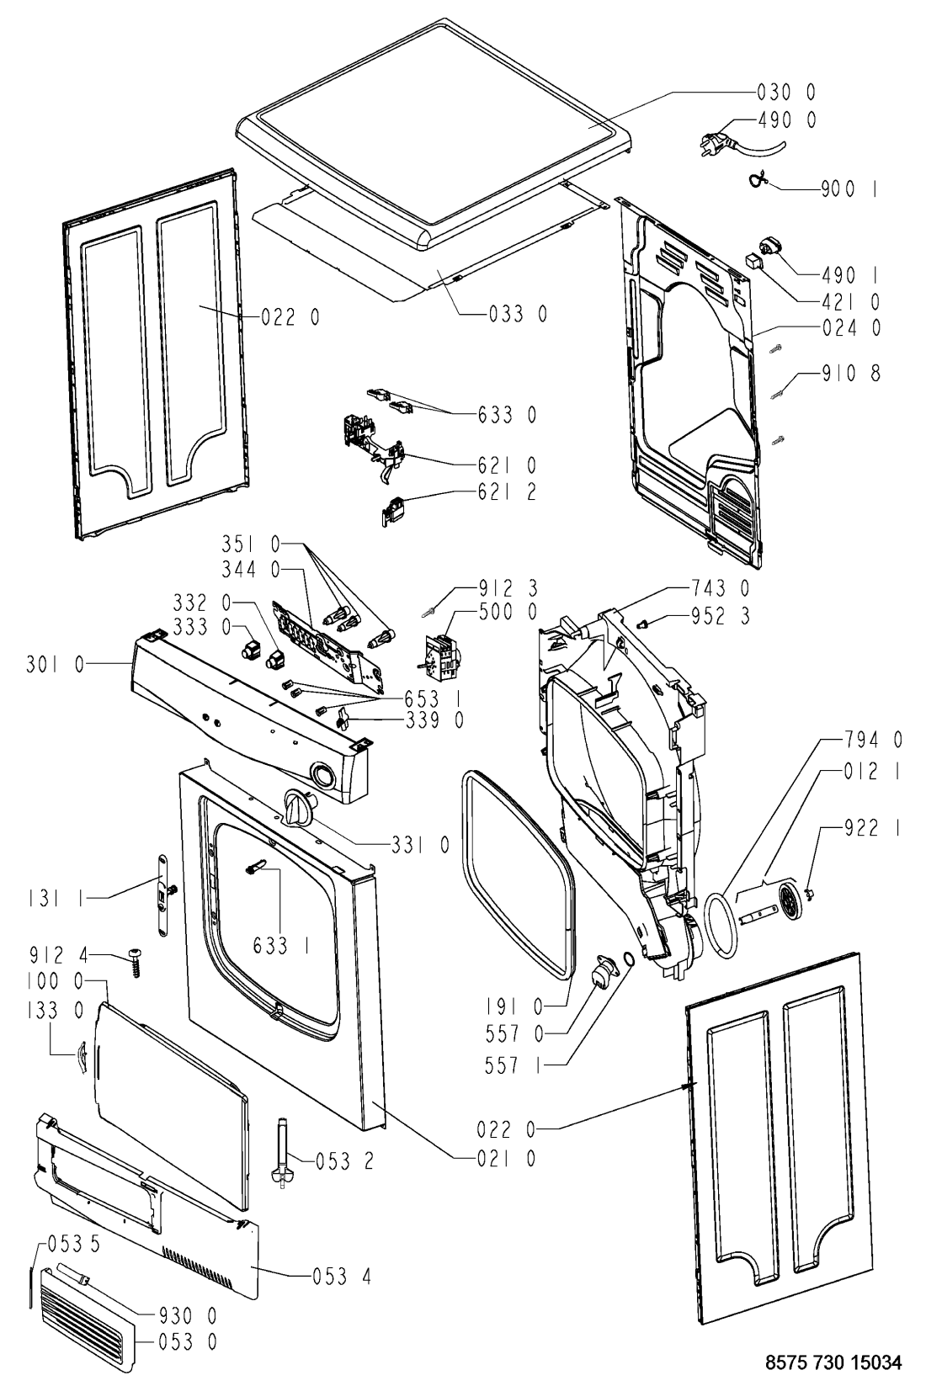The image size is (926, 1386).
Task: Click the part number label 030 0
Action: point(785,92)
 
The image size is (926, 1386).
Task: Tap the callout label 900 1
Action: point(849,190)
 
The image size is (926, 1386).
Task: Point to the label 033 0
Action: point(518,315)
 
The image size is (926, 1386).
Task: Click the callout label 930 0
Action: point(189,1314)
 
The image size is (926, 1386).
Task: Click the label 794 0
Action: point(872,740)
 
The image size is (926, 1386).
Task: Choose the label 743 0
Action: point(720,589)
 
